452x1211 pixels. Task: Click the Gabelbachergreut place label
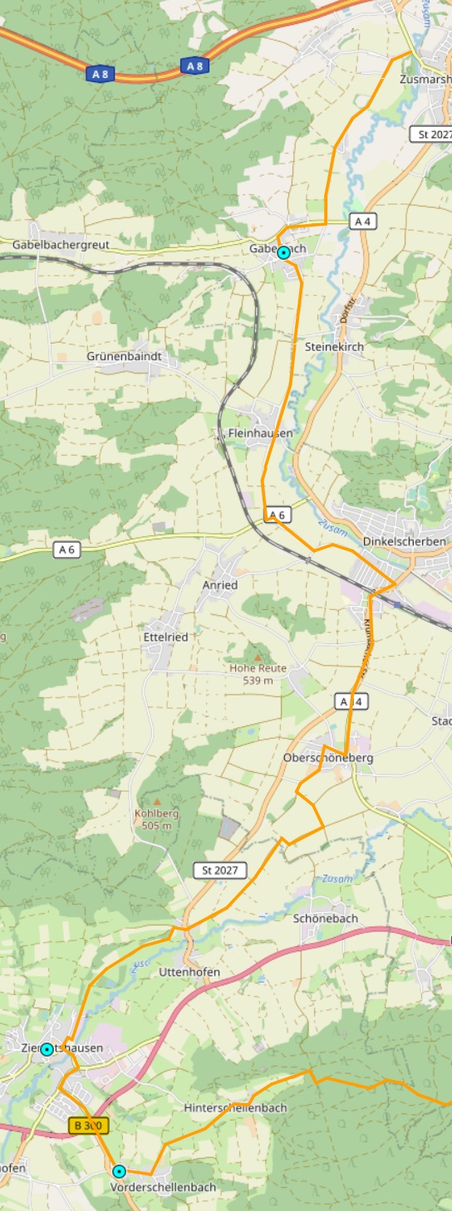[60, 245]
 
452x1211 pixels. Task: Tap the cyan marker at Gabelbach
[283, 252]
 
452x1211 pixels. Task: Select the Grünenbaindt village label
[122, 356]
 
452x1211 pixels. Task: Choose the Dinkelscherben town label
[405, 541]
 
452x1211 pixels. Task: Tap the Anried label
[220, 584]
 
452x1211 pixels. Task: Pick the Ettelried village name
[165, 637]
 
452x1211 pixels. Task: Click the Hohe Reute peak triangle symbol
[258, 657]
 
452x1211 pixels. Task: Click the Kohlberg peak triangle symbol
[156, 802]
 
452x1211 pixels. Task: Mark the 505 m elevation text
[156, 825]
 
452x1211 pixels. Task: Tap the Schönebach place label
[326, 918]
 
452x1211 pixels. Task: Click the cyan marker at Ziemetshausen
[47, 1049]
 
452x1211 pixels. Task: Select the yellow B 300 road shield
[88, 1126]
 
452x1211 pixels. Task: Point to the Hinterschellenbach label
[235, 1107]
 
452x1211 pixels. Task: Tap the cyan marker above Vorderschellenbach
[119, 1171]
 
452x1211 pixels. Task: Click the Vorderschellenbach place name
[163, 1187]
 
